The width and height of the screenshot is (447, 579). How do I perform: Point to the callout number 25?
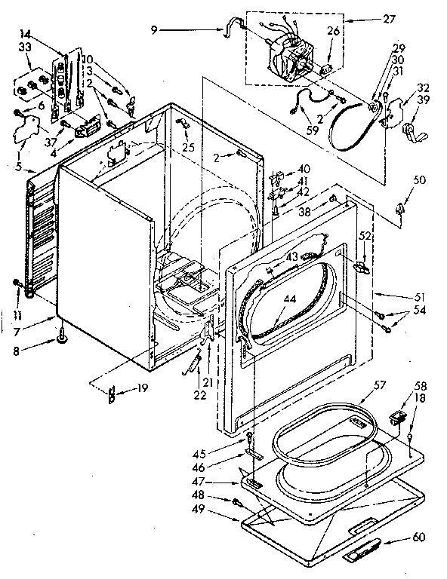click(x=188, y=146)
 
